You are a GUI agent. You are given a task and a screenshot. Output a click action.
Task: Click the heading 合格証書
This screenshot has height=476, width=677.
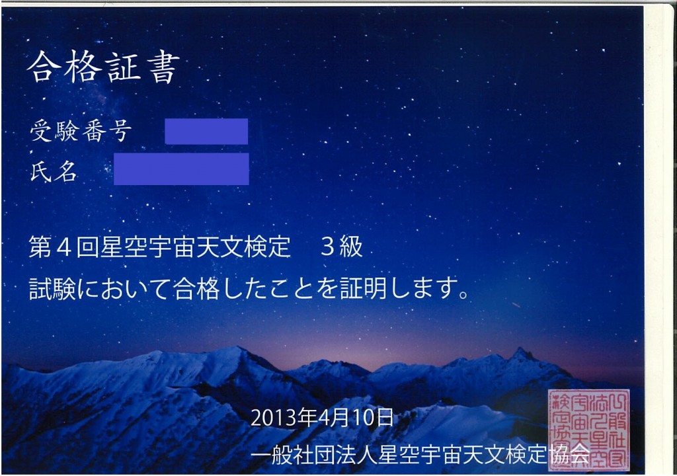(103, 67)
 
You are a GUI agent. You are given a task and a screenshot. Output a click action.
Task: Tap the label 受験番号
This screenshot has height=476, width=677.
(81, 132)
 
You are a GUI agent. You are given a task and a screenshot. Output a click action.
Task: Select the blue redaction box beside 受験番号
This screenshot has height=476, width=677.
(206, 132)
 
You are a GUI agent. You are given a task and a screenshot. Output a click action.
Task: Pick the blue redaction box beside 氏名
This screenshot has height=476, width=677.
(181, 169)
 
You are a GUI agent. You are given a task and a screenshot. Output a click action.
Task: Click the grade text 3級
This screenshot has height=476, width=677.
(341, 247)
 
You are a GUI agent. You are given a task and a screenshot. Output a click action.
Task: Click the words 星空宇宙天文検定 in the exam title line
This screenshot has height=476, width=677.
(194, 247)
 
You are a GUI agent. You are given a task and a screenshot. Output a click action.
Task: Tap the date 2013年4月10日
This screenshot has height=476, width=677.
(322, 418)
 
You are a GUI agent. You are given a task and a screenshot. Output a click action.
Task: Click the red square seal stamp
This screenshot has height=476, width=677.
(588, 429)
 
